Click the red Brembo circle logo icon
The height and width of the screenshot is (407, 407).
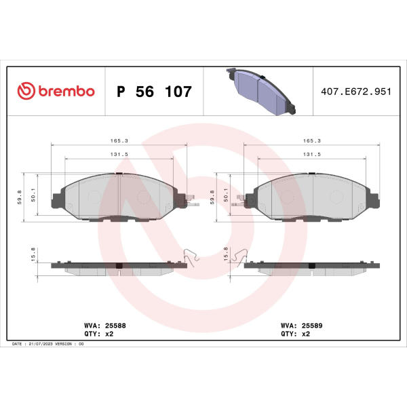pos(26,91)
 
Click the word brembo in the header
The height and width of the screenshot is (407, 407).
pos(66,91)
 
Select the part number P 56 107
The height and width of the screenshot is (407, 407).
pos(154,92)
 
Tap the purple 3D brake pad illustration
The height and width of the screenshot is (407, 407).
pos(261,92)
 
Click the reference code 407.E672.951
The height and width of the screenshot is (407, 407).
pos(356,92)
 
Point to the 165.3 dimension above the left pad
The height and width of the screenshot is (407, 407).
pos(119,140)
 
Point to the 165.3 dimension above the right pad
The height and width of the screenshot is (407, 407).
pos(312,140)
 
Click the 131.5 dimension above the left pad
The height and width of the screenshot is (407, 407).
pos(119,154)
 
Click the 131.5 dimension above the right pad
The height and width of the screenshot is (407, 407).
pos(312,154)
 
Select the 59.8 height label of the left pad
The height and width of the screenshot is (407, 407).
pos(20,197)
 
